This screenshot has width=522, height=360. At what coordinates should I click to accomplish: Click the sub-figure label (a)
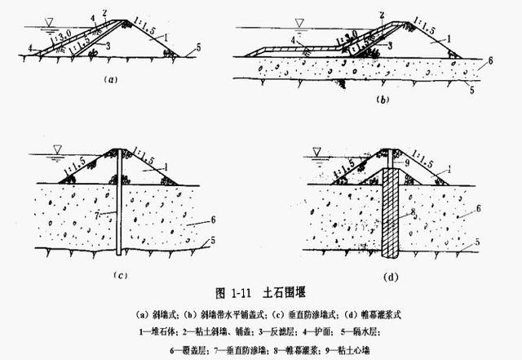(112, 80)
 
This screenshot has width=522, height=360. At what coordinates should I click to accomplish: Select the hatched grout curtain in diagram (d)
(392, 212)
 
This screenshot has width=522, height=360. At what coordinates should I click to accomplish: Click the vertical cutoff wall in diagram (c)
(121, 204)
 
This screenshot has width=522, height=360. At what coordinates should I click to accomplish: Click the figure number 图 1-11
(207, 291)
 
